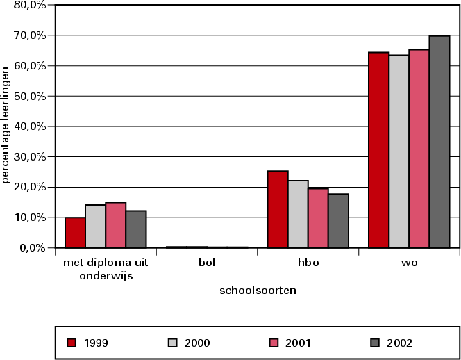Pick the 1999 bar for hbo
tap(278, 209)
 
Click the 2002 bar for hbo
tap(339, 220)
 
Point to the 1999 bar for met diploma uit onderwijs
tap(75, 232)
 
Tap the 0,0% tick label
tap(32, 248)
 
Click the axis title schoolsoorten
tap(258, 291)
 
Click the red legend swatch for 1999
tap(71, 342)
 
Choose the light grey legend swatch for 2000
tap(173, 342)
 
